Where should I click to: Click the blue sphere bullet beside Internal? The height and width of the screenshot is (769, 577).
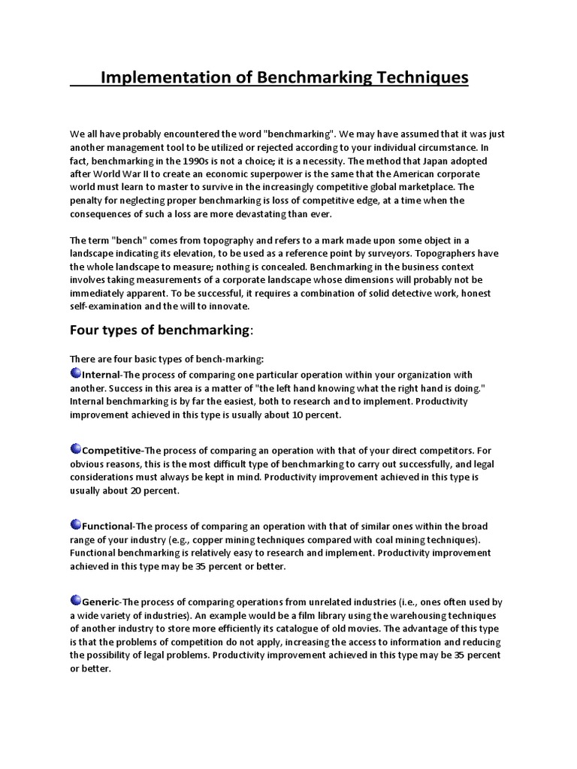[75, 373]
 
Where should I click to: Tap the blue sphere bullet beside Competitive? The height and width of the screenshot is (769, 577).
[75, 449]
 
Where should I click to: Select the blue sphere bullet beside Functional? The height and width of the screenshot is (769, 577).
[75, 524]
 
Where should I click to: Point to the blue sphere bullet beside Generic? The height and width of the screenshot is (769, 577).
[75, 600]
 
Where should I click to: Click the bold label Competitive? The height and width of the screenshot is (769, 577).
[112, 451]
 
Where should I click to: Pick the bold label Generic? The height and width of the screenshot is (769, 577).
[101, 602]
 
